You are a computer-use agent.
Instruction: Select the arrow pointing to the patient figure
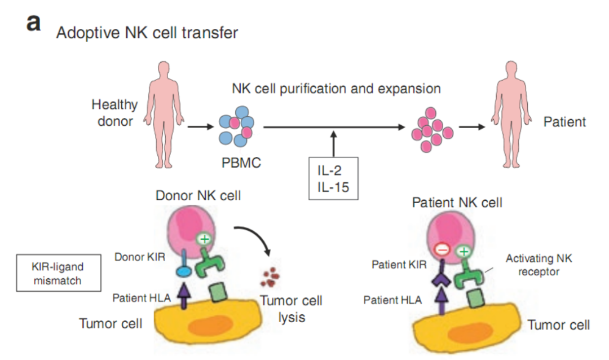pyautogui.click(x=472, y=126)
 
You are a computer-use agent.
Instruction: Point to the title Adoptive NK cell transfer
pyautogui.click(x=147, y=33)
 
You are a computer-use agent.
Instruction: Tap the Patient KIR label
pyautogui.click(x=396, y=264)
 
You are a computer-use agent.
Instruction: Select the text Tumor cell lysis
pyautogui.click(x=292, y=309)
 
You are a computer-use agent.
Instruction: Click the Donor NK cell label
pyautogui.click(x=198, y=196)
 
